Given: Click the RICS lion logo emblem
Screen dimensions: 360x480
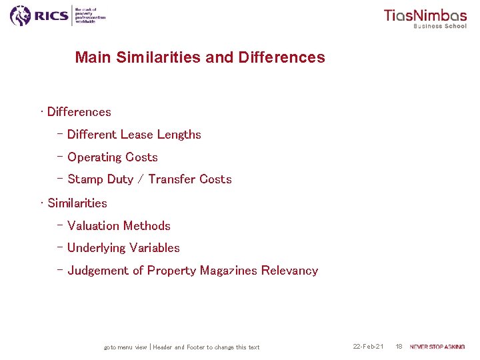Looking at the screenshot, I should pos(21,15).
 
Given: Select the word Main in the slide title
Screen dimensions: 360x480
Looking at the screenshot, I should pos(93,57).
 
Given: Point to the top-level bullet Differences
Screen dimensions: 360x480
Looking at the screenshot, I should pos(79,112).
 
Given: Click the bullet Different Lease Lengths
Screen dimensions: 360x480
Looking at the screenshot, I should pos(134,135).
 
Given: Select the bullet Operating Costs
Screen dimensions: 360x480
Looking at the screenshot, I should pos(113,157).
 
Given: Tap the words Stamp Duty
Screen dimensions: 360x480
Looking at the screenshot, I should pos(101,179).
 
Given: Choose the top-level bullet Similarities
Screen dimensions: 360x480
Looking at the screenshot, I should pos(77,203).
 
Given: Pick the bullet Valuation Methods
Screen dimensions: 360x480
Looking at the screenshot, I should pos(119,226).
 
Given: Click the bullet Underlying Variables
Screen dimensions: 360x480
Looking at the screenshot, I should pos(123,248).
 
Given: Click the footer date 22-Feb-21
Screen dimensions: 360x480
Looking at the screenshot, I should pos(368,347).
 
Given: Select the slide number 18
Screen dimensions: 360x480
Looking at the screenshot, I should pos(399,347).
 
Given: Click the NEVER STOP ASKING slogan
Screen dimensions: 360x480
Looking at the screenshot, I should pos(437,347).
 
